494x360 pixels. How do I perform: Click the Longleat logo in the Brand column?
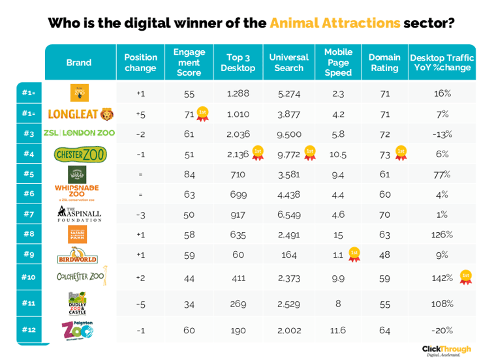click(80, 115)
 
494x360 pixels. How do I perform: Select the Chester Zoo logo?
click(80, 155)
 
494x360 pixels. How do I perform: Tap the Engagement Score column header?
click(189, 63)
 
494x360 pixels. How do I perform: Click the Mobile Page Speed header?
click(337, 63)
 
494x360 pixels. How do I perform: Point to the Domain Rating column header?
click(384, 63)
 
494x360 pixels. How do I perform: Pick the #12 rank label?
click(28, 329)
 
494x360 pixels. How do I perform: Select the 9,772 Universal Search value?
click(288, 155)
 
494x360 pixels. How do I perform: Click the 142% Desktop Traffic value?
click(442, 277)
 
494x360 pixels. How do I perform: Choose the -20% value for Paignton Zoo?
click(442, 330)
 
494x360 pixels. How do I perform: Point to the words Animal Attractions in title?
click(335, 23)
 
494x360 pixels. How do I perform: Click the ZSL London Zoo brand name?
click(79, 133)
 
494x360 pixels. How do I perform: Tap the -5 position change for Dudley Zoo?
click(140, 303)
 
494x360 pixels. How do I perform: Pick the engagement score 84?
click(189, 174)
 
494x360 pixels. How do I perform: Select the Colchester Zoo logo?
click(80, 277)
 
